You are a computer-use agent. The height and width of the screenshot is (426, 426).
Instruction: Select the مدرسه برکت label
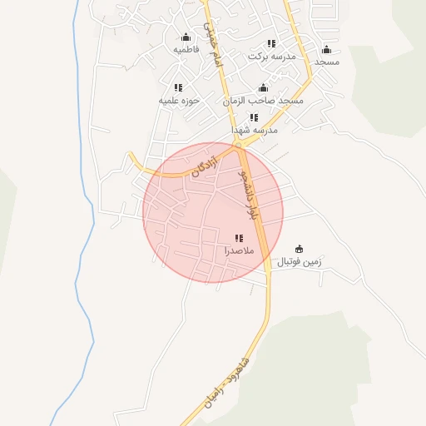click(271, 56)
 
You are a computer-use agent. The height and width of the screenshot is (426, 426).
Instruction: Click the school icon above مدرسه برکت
click(270, 43)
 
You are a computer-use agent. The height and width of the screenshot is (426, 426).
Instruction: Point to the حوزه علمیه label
click(177, 100)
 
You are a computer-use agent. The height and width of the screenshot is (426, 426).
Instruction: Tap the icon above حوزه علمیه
click(177, 87)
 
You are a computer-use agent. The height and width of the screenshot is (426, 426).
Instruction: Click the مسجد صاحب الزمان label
click(263, 100)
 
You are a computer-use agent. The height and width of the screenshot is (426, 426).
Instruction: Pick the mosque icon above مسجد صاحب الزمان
click(263, 87)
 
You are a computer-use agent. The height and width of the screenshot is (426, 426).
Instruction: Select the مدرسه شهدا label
click(254, 130)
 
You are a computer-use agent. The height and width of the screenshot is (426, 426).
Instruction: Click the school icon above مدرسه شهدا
click(254, 117)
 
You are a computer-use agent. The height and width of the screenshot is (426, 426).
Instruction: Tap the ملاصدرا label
click(239, 250)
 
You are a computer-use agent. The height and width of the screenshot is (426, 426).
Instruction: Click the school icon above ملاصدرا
click(239, 237)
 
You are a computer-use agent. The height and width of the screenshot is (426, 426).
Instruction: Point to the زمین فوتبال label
click(299, 262)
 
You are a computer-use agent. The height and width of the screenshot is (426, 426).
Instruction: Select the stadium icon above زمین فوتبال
click(299, 249)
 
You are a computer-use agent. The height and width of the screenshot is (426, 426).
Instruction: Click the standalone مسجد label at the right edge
click(326, 62)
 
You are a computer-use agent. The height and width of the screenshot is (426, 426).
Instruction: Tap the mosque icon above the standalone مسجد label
click(326, 49)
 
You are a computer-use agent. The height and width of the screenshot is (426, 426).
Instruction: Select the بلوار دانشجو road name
click(246, 195)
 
